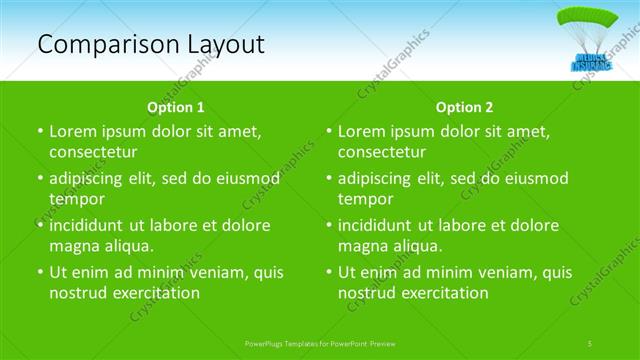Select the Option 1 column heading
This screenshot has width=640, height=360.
coord(176,107)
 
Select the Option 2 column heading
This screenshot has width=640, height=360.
coord(465,107)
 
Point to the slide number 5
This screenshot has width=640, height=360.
coord(591,343)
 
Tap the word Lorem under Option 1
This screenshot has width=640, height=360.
coord(73,131)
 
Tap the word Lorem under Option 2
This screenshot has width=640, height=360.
coord(362,131)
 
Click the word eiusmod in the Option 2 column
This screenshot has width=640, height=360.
coord(531,178)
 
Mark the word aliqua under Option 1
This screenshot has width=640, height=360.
coord(126,246)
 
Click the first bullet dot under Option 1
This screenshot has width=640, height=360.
coord(39,132)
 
